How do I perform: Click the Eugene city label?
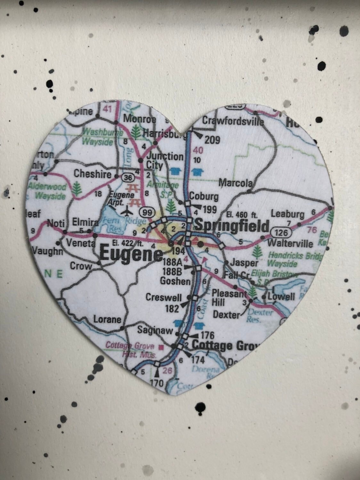coord(131,254)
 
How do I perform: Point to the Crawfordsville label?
coord(233,121)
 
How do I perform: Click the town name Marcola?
coord(235,183)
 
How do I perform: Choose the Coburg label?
coord(204,196)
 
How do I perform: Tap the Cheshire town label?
coord(93,174)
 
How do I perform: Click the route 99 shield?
coord(147,212)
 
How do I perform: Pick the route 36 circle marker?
coord(127,177)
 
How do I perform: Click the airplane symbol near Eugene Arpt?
coord(127,211)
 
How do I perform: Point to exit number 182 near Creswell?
coord(172,308)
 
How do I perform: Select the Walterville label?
coord(290,243)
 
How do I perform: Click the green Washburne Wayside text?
coord(98,136)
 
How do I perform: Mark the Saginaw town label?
coord(155,330)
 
